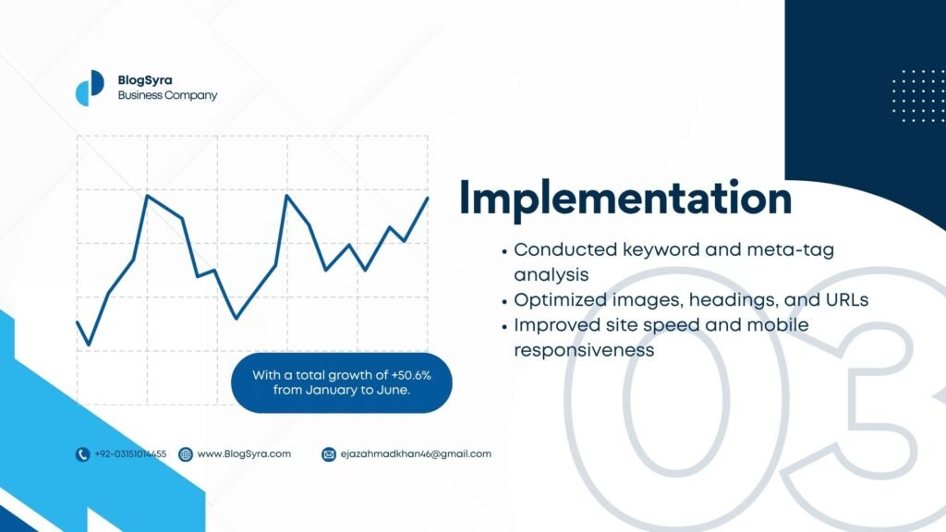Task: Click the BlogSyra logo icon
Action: point(90,88)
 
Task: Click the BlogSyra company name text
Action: point(145,80)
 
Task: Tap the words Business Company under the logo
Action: point(167,95)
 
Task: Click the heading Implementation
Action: point(625,199)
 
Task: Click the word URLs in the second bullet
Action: point(847,300)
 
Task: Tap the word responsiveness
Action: point(584,350)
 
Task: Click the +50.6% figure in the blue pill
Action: point(411,375)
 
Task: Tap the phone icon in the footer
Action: point(82,454)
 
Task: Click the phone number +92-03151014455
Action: point(130,454)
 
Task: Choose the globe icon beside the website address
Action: point(186,454)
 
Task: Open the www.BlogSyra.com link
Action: point(244,453)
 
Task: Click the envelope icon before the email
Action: point(329,454)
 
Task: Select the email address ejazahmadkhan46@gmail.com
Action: point(416,454)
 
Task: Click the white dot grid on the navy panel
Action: point(918,96)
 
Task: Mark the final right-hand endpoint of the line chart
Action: point(428,198)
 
